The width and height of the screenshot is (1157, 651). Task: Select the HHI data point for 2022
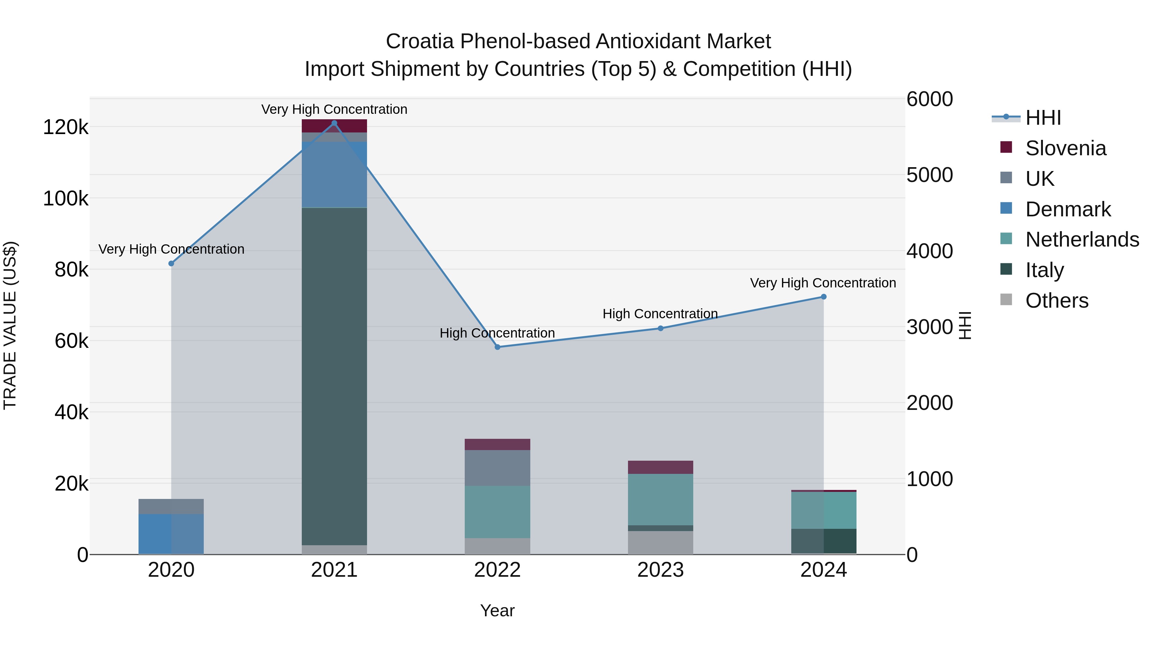tap(497, 347)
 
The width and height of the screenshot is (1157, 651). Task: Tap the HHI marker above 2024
tap(823, 296)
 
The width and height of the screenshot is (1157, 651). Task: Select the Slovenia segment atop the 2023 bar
tap(660, 467)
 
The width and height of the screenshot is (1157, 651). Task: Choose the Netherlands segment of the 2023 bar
tap(660, 499)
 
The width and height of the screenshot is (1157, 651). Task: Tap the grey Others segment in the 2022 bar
tap(497, 546)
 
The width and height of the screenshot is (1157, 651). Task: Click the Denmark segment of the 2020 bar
tap(171, 533)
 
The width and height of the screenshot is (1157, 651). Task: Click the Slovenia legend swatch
tap(1006, 147)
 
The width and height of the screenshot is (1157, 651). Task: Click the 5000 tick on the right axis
tap(929, 175)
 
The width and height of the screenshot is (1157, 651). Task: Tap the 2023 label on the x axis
tap(660, 570)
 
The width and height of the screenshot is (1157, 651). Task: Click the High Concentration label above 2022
tap(497, 333)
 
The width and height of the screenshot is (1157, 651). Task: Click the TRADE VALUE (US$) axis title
tap(10, 325)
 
